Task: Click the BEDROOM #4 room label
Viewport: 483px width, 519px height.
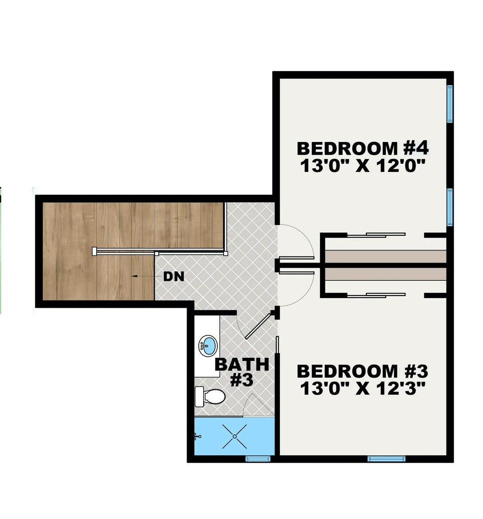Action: tap(362, 149)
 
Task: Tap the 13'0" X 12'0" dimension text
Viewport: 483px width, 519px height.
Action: tap(362, 166)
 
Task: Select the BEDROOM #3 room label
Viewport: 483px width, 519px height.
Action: tap(362, 371)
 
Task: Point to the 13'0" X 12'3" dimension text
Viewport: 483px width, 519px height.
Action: tap(362, 389)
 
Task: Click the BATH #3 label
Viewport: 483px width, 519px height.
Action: tap(242, 372)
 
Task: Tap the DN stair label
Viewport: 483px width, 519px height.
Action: tap(174, 276)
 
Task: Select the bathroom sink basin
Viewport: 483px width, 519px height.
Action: tap(208, 346)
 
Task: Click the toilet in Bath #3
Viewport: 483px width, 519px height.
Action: tap(210, 396)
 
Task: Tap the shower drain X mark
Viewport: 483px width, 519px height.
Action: tap(234, 436)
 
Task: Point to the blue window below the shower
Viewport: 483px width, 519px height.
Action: tap(258, 458)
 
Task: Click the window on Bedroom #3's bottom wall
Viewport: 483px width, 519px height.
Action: tap(386, 458)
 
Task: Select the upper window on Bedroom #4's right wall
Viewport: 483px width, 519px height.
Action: tap(450, 103)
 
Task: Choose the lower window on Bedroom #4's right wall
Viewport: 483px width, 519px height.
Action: tap(450, 207)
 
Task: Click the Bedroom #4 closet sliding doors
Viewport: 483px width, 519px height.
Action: tap(376, 235)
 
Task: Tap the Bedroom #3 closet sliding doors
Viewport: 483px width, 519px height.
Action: tap(376, 295)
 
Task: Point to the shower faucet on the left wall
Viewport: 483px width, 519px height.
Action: tap(198, 436)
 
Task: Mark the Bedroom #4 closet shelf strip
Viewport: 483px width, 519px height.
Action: tap(386, 256)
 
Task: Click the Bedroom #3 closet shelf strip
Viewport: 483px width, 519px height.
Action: tap(386, 274)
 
